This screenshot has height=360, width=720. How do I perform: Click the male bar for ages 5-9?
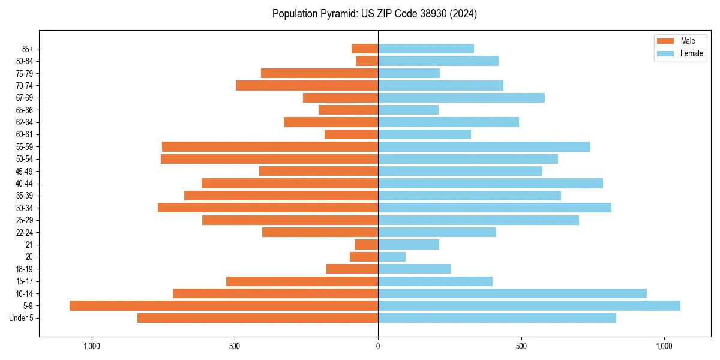pyautogui.click(x=224, y=306)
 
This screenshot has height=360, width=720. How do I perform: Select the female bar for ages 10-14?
pyautogui.click(x=512, y=293)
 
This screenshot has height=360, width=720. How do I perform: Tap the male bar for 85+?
pyautogui.click(x=365, y=49)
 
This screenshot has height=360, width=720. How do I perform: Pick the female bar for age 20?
pyautogui.click(x=392, y=257)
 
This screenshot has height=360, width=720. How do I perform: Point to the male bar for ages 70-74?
pyautogui.click(x=307, y=85)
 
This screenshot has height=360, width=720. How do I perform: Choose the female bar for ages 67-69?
pyautogui.click(x=461, y=98)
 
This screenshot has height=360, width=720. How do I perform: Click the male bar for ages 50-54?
pyautogui.click(x=269, y=159)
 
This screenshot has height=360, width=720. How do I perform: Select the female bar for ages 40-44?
pyautogui.click(x=490, y=184)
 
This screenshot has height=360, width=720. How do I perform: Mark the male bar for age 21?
pyautogui.click(x=366, y=245)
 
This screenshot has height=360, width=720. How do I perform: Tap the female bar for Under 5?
pyautogui.click(x=497, y=318)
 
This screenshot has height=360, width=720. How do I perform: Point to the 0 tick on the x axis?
pyautogui.click(x=378, y=346)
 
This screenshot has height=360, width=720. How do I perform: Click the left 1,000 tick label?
pyautogui.click(x=92, y=346)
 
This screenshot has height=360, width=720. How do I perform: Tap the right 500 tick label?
pyautogui.click(x=521, y=346)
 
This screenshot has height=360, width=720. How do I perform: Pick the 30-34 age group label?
pyautogui.click(x=25, y=208)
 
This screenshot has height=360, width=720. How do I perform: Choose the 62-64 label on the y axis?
pyautogui.click(x=25, y=122)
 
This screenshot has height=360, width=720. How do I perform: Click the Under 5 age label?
pyautogui.click(x=22, y=318)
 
